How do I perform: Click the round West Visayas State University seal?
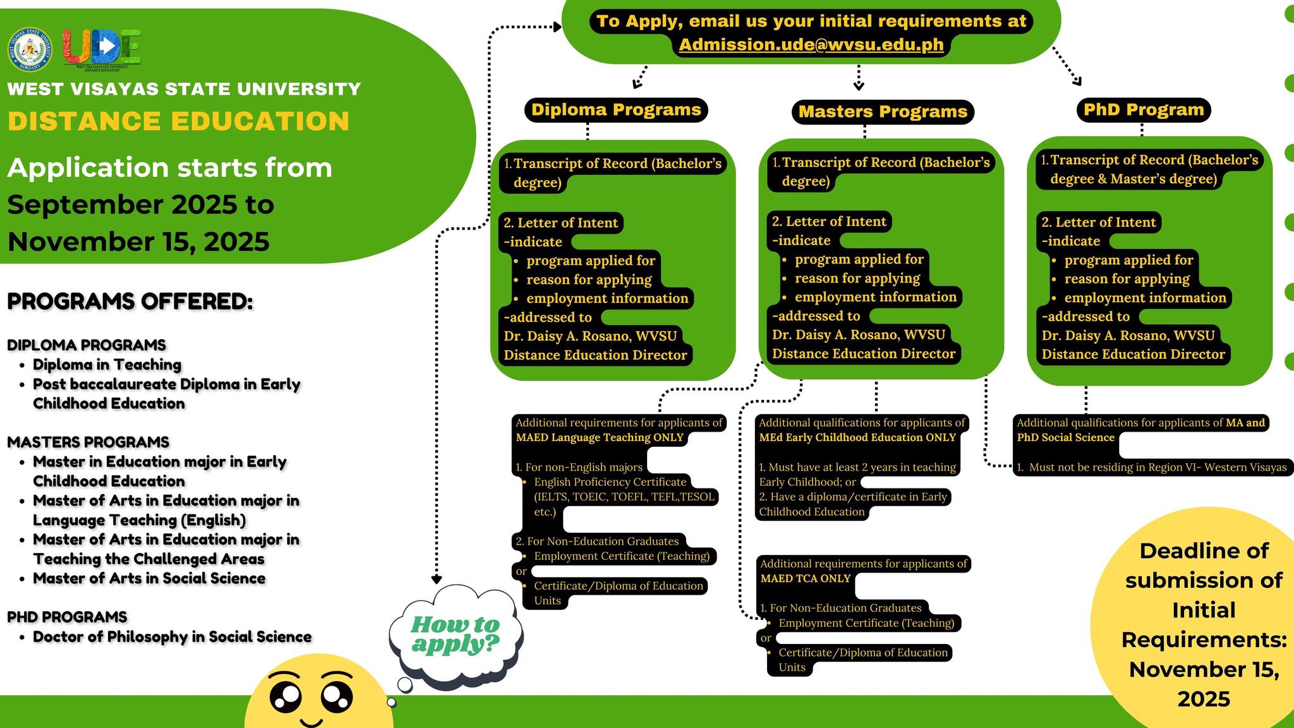(x=30, y=49)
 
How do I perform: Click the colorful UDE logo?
(x=102, y=49)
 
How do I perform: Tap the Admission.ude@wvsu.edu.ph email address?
(x=811, y=44)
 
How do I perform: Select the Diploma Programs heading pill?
(x=616, y=110)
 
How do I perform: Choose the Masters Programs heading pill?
(x=883, y=112)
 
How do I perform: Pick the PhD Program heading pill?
(x=1144, y=110)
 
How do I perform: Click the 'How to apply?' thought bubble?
(x=456, y=634)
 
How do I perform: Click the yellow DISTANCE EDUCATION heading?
(x=178, y=121)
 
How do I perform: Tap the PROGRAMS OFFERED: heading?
(x=130, y=301)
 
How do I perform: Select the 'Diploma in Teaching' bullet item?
(x=107, y=365)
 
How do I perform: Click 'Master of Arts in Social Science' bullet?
(x=149, y=578)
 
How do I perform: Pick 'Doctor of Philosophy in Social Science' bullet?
(x=172, y=636)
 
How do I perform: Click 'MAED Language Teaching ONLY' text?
(x=600, y=437)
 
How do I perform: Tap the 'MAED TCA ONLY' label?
(x=806, y=578)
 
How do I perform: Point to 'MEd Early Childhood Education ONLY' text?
(x=857, y=437)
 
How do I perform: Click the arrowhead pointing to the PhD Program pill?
(x=1077, y=81)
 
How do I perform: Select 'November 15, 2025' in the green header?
(x=138, y=241)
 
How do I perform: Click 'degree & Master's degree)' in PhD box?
(x=1134, y=179)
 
